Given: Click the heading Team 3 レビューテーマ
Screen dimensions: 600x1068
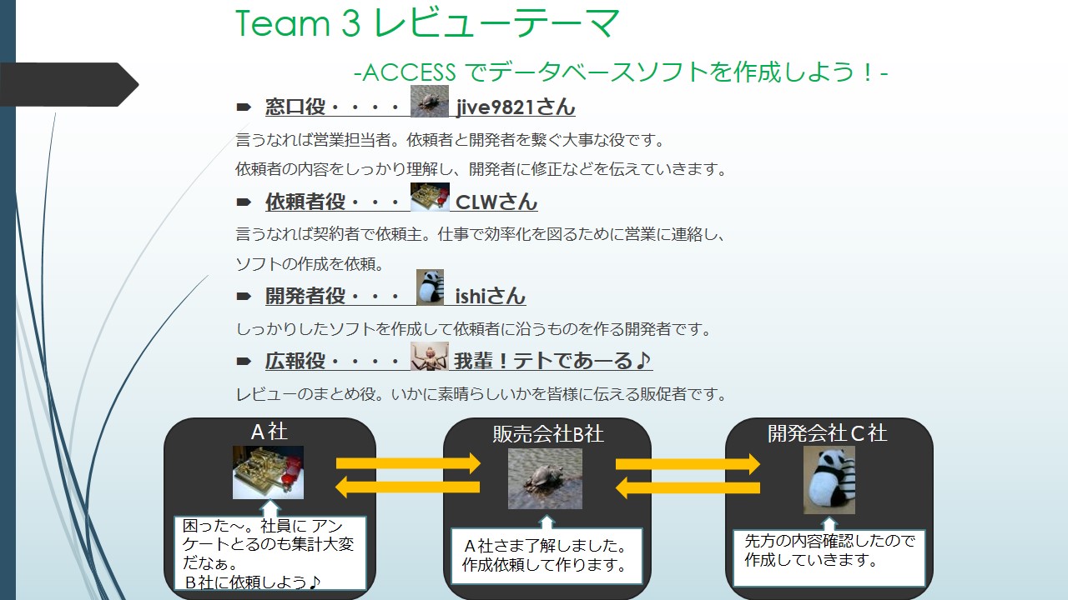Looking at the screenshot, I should point(428,23).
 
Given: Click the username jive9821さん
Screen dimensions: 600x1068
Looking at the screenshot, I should point(516,107).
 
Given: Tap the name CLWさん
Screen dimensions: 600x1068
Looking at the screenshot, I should point(496,202).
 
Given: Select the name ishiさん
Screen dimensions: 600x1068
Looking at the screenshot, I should point(491,296).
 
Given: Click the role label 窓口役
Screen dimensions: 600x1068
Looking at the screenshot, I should point(294,107).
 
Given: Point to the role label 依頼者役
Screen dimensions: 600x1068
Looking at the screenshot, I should point(294,202).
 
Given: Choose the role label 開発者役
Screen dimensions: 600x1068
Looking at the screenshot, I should point(294,296).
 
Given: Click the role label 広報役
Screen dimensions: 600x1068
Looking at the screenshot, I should point(294,361).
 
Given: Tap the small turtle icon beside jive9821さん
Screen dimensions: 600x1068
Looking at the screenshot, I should point(430,102).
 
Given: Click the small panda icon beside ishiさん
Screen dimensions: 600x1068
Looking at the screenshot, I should point(430,287).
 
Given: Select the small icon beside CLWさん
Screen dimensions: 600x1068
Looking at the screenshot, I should point(430,197).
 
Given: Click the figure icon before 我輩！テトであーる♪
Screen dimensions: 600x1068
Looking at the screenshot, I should point(430,356).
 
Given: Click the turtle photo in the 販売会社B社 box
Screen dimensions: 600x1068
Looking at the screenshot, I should point(545,479).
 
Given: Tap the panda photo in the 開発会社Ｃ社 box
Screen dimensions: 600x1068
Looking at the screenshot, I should point(829,480).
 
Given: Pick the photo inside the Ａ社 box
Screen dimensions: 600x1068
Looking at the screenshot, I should point(268,472).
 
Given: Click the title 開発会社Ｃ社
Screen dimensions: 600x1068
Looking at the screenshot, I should point(827,433).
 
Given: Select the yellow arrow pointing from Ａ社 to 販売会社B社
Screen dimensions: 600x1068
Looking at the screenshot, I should point(409,463).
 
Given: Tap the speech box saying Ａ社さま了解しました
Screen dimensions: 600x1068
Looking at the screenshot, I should point(547,556).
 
